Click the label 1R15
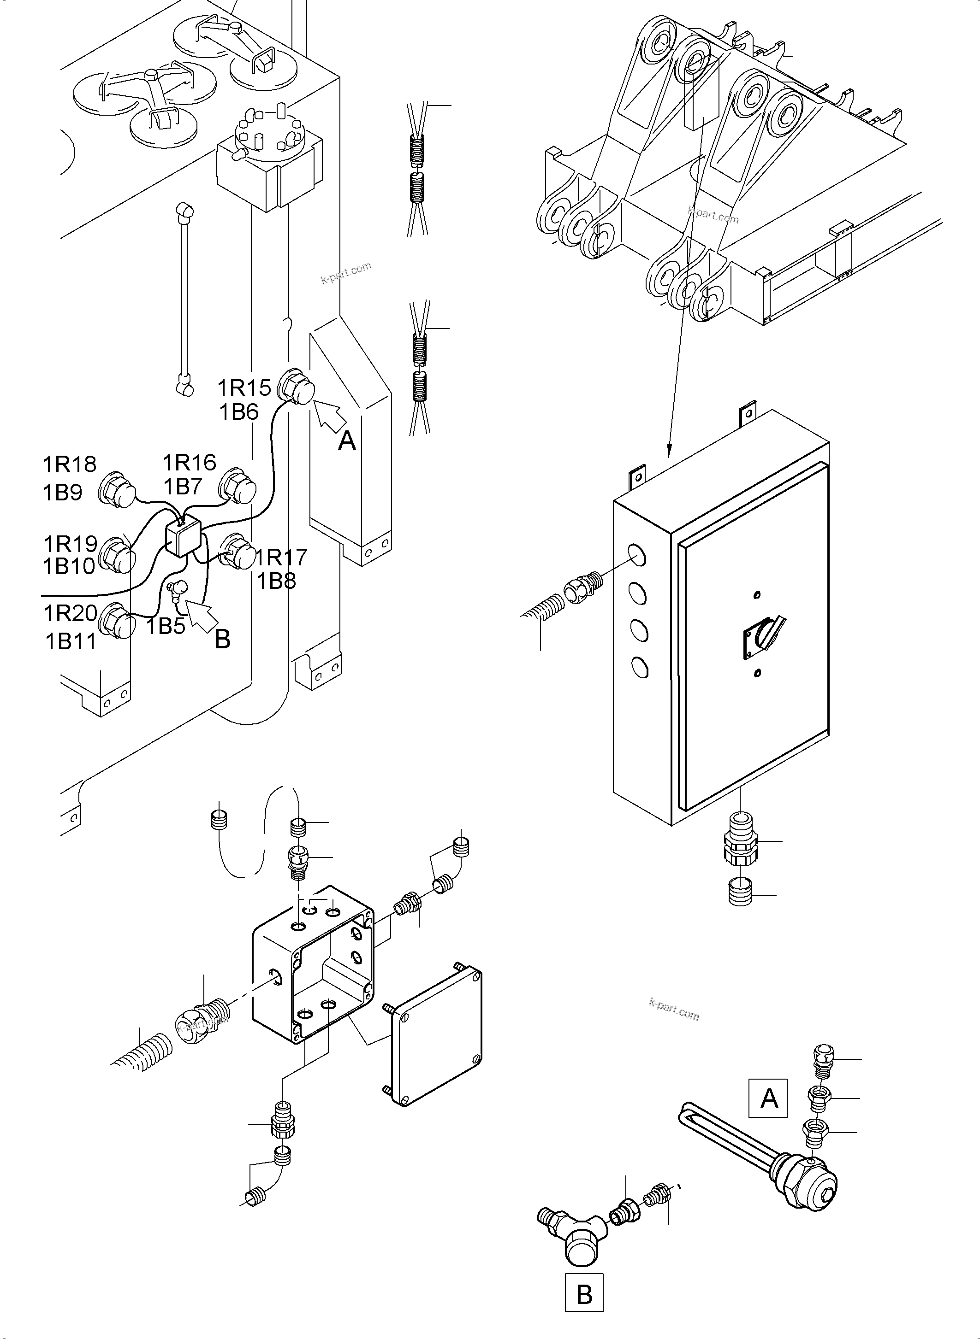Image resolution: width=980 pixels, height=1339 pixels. (x=244, y=388)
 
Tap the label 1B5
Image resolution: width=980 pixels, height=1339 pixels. (x=166, y=626)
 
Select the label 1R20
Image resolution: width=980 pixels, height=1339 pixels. (x=70, y=613)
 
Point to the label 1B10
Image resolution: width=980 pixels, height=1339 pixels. (x=69, y=567)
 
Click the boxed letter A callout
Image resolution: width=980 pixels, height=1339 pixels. (x=768, y=1098)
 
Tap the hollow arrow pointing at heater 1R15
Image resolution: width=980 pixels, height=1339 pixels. (x=329, y=413)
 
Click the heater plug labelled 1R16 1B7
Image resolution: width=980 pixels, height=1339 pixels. (x=238, y=488)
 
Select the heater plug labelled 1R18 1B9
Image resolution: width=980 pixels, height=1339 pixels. (x=117, y=490)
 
